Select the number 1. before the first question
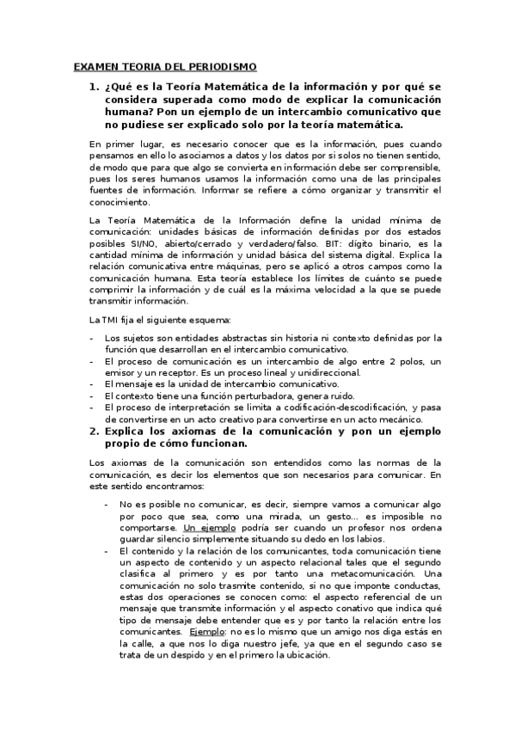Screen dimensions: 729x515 click(x=95, y=88)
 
